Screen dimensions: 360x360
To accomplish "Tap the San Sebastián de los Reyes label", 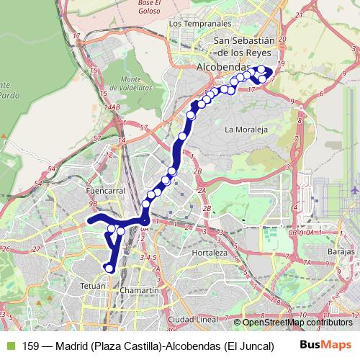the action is (x=244, y=47).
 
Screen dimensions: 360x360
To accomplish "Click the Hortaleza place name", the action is (x=210, y=253).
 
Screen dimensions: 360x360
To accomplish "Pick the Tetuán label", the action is (x=92, y=286).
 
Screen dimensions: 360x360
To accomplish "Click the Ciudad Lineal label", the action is (x=192, y=318).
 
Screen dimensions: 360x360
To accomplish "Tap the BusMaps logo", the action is (x=327, y=345).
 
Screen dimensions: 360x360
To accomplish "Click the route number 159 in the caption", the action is (x=31, y=346).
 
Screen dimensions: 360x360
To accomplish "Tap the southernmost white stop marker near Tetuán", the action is (x=109, y=269).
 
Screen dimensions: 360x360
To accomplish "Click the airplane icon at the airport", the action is (x=356, y=189).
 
